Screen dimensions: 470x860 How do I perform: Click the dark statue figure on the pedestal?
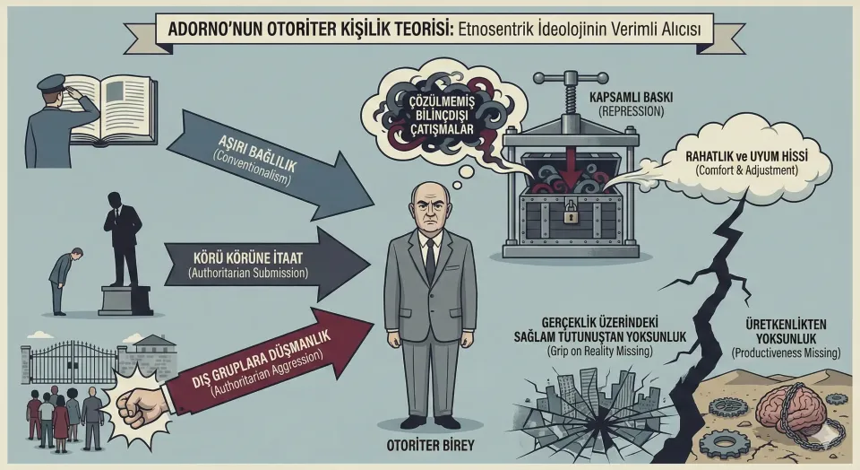[x=123, y=233]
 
